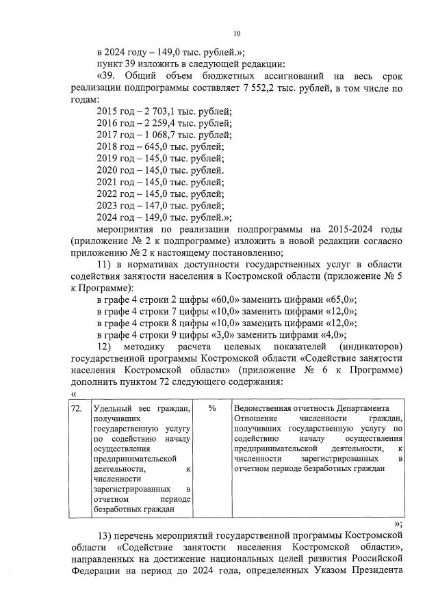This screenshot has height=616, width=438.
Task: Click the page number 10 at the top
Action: [x=237, y=33]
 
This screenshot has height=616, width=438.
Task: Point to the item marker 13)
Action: [x=109, y=533]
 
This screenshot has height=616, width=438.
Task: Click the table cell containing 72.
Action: [x=78, y=408]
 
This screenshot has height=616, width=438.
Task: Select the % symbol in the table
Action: [x=212, y=408]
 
